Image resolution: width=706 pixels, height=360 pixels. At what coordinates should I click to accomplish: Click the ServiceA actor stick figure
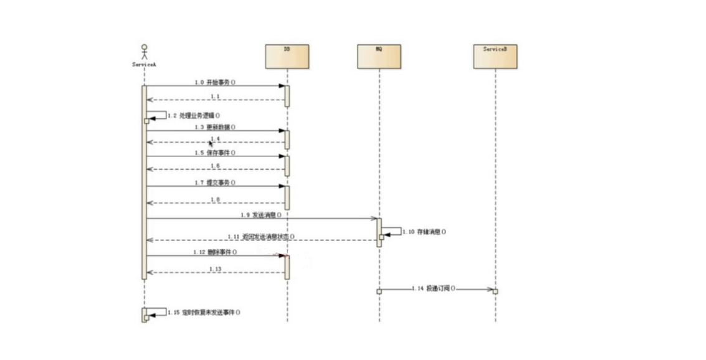pyautogui.click(x=144, y=52)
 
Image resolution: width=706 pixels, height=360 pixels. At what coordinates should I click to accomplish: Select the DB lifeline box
pyautogui.click(x=287, y=57)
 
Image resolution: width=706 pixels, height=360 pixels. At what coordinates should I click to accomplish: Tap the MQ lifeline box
pyautogui.click(x=379, y=57)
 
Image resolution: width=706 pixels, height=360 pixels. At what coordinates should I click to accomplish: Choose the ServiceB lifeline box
pyautogui.click(x=495, y=57)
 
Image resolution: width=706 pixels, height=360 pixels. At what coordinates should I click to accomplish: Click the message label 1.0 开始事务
pyautogui.click(x=215, y=82)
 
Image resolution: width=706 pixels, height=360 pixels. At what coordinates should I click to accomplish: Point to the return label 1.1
pyautogui.click(x=215, y=97)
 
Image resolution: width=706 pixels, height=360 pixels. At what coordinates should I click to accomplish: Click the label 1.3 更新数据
pyautogui.click(x=215, y=127)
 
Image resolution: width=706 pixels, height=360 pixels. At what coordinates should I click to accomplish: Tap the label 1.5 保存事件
pyautogui.click(x=215, y=153)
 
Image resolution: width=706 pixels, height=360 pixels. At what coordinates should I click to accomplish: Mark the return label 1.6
pyautogui.click(x=215, y=166)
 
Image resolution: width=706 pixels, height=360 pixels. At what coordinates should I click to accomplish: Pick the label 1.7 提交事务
pyautogui.click(x=215, y=182)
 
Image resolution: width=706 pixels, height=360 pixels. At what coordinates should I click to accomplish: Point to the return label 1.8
pyautogui.click(x=215, y=199)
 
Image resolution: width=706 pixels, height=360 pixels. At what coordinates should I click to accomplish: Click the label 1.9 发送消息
pyautogui.click(x=262, y=214)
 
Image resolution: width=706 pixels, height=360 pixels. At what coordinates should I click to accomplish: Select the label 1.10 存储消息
pyautogui.click(x=424, y=232)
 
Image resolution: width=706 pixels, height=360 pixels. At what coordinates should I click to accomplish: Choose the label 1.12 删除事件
pyautogui.click(x=215, y=252)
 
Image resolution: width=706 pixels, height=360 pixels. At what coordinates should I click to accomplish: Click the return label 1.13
pyautogui.click(x=215, y=268)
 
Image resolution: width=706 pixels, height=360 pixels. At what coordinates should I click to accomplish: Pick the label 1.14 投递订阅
pyautogui.click(x=434, y=288)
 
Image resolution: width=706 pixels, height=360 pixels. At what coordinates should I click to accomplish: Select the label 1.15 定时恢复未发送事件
pyautogui.click(x=204, y=312)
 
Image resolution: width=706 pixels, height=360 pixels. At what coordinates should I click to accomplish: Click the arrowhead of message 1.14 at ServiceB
pyautogui.click(x=490, y=289)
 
